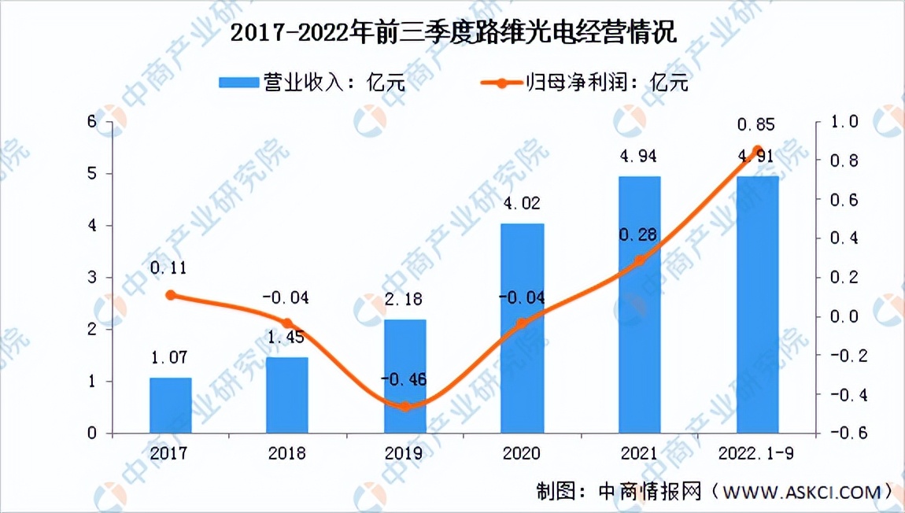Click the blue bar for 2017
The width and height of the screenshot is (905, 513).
tap(171, 405)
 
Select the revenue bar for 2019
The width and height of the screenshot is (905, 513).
tap(405, 376)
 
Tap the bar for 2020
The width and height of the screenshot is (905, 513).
tap(523, 328)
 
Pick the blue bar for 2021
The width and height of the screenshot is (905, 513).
tap(639, 304)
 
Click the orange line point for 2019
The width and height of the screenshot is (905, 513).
tap(405, 407)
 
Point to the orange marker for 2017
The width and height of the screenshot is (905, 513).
tap(171, 295)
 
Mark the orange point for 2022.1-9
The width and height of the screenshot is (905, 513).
tap(757, 150)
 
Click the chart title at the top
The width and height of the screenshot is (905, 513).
tap(452, 34)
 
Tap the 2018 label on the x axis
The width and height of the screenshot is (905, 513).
tap(288, 454)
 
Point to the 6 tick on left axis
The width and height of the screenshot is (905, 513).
tap(92, 122)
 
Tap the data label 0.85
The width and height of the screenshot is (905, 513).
tap(755, 124)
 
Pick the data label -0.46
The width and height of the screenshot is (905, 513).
tap(405, 382)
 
